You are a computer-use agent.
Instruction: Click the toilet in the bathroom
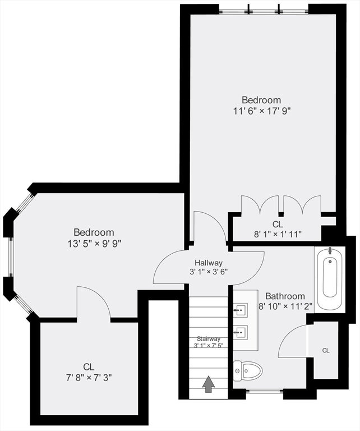(248, 371)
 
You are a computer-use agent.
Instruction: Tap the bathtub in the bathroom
(330, 279)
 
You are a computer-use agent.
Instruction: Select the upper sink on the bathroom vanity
(241, 310)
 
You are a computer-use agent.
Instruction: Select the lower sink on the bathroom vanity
(241, 333)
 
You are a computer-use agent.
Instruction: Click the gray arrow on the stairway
(209, 384)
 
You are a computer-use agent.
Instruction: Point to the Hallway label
(209, 262)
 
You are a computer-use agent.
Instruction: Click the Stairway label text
(209, 338)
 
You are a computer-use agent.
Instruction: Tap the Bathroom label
(285, 296)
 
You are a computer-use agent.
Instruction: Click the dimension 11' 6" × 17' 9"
(262, 111)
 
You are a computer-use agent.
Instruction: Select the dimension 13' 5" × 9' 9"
(94, 243)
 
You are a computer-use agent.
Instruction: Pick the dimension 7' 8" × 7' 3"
(89, 378)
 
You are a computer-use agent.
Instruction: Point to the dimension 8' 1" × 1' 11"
(278, 234)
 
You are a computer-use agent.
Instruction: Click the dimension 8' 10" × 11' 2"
(286, 306)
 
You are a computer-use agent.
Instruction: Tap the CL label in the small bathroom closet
(326, 350)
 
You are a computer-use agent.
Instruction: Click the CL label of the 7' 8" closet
(89, 366)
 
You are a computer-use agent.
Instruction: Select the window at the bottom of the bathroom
(265, 391)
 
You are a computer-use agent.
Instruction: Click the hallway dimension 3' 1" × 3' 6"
(209, 272)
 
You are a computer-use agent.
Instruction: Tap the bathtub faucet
(330, 250)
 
